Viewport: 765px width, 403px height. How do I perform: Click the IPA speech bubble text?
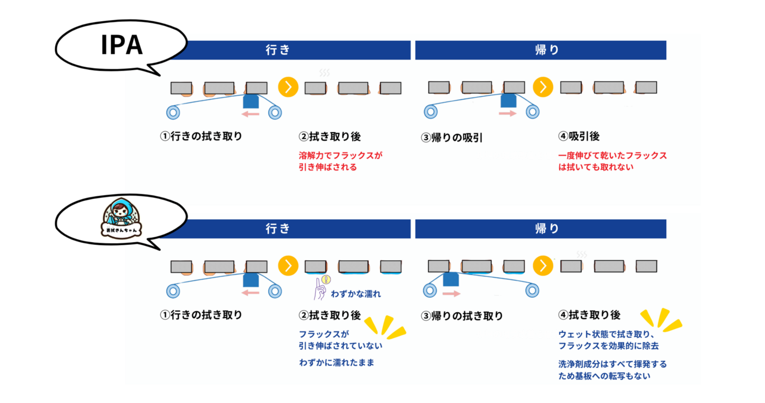point(122,45)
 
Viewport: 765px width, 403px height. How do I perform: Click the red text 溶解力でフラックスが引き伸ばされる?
point(341,161)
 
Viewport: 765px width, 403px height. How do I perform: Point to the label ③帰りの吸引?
point(452,138)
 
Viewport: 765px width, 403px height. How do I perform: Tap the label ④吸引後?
point(579,136)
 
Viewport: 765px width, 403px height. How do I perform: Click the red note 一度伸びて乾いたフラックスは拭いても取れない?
point(612,161)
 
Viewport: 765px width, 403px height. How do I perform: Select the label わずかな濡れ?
point(355,294)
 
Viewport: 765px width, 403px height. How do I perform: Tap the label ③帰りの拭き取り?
point(462,316)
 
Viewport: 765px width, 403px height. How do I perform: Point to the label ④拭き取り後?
point(589,315)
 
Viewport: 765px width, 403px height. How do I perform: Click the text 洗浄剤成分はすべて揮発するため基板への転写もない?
point(612,370)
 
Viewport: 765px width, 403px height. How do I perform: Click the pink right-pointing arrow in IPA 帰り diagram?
point(508,114)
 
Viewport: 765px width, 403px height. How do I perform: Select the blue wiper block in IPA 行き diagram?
point(250,101)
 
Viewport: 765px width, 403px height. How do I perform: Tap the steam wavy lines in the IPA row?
point(324,73)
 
